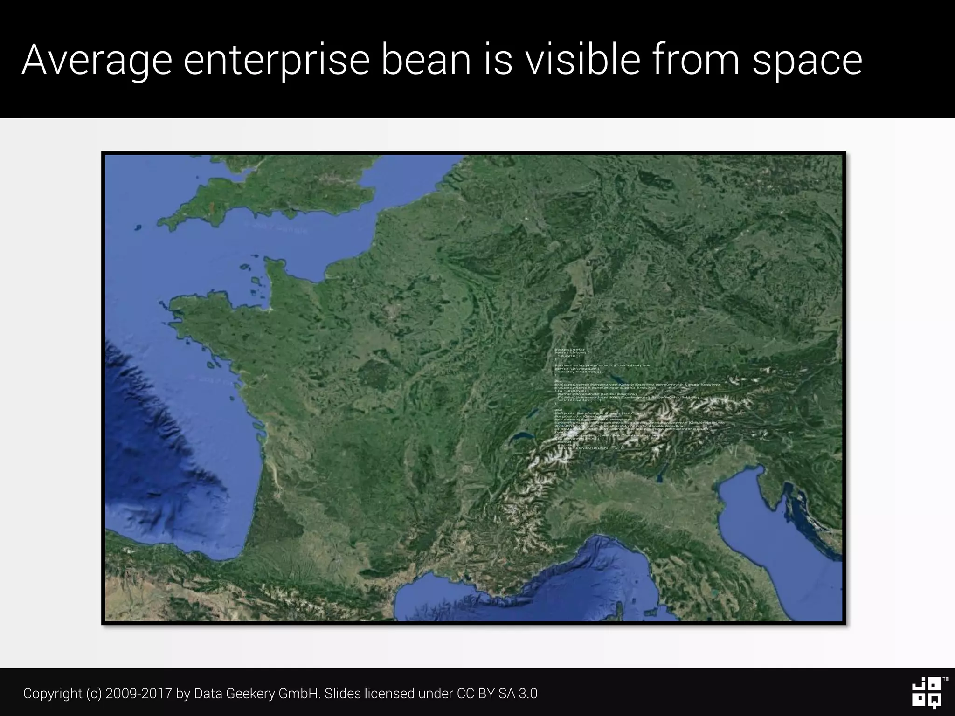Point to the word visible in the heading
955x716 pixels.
coord(582,61)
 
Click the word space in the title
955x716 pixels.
coord(807,61)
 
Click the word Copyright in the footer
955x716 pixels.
coord(53,694)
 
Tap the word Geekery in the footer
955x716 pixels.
coord(252,694)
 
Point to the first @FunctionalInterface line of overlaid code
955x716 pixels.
coord(569,350)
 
